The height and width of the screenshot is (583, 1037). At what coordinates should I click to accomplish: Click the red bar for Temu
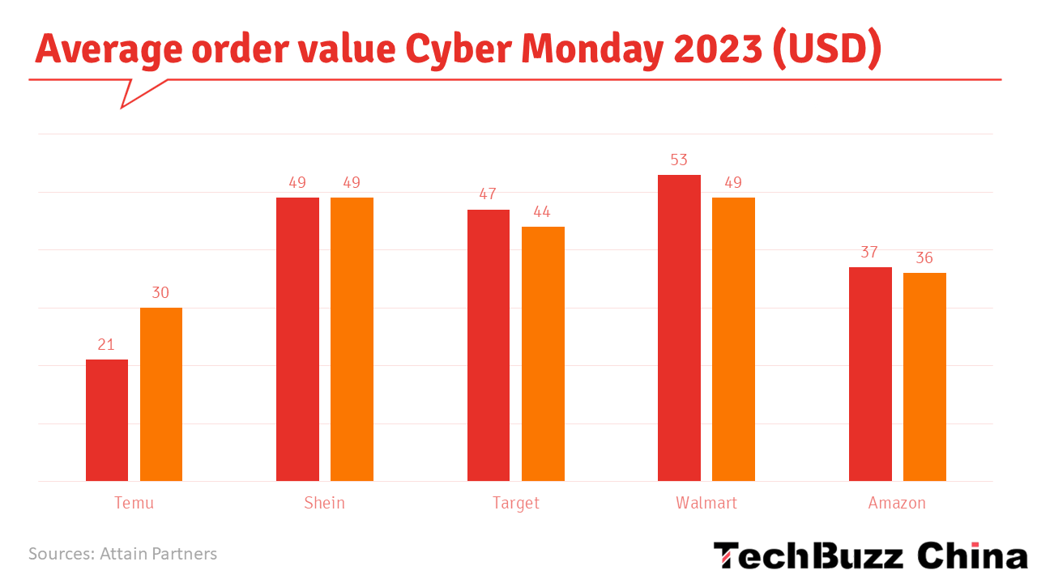(x=107, y=420)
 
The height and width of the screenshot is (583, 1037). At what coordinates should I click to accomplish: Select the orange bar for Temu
(x=161, y=394)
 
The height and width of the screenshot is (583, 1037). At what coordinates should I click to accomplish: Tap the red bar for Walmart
(x=679, y=328)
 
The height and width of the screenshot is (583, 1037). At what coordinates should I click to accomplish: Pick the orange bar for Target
(x=543, y=354)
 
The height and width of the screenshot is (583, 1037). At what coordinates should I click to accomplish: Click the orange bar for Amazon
(x=924, y=377)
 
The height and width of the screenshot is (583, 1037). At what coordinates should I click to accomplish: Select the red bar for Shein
(x=297, y=339)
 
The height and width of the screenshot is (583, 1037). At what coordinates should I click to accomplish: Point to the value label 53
(x=679, y=160)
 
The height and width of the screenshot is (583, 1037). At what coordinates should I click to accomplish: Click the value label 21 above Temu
(x=106, y=345)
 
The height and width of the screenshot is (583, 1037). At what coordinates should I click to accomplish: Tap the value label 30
(x=160, y=293)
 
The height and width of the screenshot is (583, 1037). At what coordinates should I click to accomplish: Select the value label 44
(x=542, y=212)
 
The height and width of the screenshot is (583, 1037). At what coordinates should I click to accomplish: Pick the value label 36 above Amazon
(x=924, y=258)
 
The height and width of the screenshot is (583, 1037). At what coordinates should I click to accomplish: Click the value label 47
(x=488, y=195)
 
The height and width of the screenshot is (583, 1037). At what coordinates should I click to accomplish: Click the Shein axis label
(x=324, y=503)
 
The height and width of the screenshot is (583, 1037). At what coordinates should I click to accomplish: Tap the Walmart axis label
(x=706, y=503)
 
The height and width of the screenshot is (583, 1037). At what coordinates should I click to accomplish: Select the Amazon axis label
(x=897, y=503)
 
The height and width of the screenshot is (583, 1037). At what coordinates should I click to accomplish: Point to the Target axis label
(x=515, y=503)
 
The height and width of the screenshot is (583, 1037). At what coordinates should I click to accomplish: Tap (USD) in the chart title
(x=826, y=49)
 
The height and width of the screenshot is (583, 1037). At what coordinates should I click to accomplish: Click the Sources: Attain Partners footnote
(x=123, y=554)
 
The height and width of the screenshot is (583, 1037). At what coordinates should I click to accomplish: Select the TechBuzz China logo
(x=869, y=556)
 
